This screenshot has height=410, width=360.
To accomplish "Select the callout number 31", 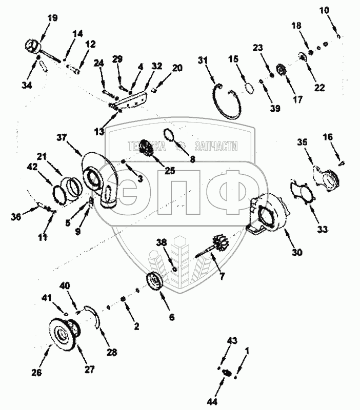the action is click(204, 61).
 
